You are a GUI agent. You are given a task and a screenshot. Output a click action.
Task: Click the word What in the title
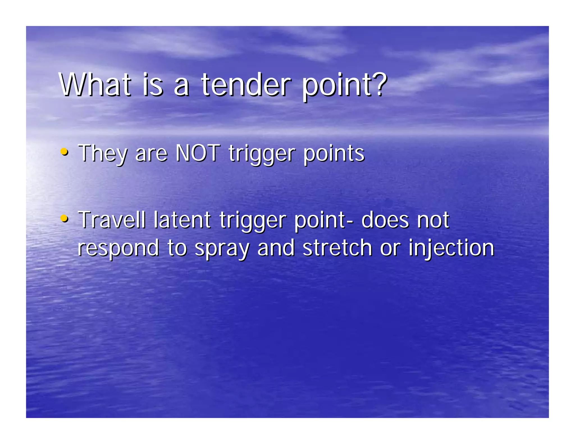point(95,84)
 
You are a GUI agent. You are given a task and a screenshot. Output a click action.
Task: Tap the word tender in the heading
point(246,84)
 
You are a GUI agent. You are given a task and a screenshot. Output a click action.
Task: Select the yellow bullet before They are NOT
point(64,152)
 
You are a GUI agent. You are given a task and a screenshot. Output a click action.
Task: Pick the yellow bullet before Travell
point(64,218)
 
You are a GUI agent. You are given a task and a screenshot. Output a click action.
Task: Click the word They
point(102,154)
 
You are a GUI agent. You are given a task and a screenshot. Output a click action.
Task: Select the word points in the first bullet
point(334,154)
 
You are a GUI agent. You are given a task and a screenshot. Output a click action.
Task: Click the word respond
point(118,248)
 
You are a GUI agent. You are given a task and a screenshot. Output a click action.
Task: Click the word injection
point(451,248)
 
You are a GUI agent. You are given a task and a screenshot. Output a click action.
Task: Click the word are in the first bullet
point(151,154)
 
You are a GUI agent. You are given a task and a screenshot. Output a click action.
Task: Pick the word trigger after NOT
point(262,154)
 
